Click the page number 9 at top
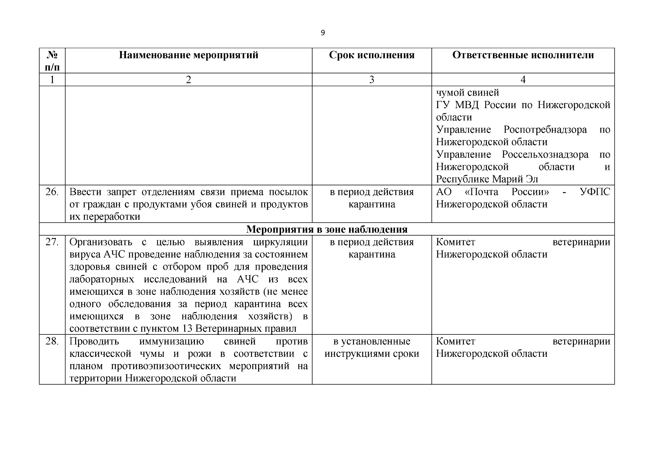tap(323, 33)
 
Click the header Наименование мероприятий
tap(188, 55)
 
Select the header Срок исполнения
tap(372, 55)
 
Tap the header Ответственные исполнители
tap(523, 55)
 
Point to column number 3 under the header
tap(372, 80)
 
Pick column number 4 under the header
tap(523, 80)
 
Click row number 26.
tap(52, 192)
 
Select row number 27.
tap(52, 242)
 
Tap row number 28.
tap(52, 341)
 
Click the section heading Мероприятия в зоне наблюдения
tap(327, 229)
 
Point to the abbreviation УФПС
tap(595, 192)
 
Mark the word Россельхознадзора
tap(545, 155)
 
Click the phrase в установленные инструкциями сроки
tap(372, 347)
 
